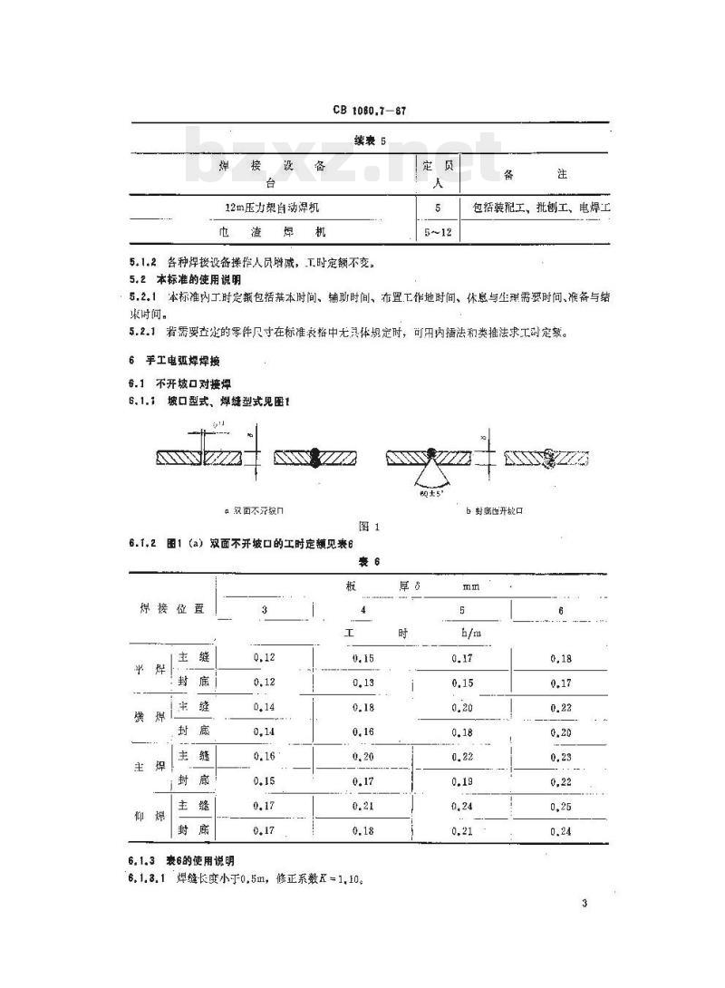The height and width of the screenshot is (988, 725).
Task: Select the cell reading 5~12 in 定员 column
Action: click(x=440, y=232)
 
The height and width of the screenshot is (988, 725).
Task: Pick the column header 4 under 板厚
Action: click(x=362, y=611)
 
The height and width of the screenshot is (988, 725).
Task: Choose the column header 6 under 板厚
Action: click(x=561, y=611)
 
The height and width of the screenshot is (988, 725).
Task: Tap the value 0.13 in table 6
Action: click(x=362, y=682)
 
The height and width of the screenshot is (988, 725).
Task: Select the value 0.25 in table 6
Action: click(x=561, y=805)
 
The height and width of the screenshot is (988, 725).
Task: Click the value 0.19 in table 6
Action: click(x=462, y=780)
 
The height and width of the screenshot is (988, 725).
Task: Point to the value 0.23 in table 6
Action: click(x=561, y=756)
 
